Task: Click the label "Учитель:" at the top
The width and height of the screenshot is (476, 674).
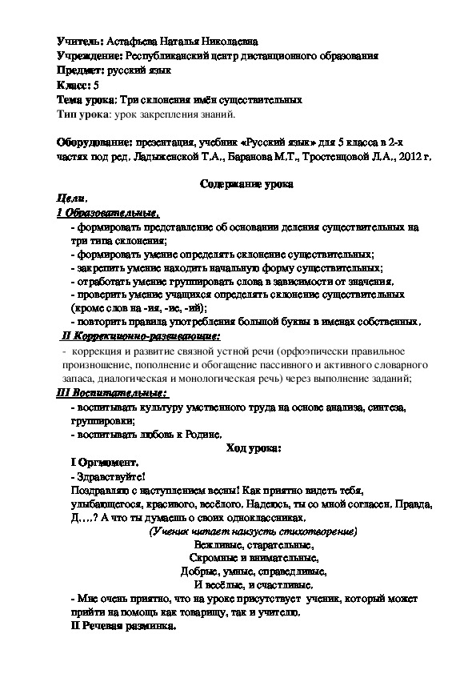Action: [x=80, y=42]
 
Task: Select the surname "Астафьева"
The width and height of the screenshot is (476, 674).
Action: [x=131, y=42]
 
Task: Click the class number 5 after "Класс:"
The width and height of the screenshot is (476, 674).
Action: [x=97, y=86]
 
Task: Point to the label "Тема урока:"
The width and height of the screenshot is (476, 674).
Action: [x=86, y=100]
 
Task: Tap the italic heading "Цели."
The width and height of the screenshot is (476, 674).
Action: [x=72, y=199]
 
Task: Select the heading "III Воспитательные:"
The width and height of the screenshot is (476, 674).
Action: [x=112, y=394]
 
